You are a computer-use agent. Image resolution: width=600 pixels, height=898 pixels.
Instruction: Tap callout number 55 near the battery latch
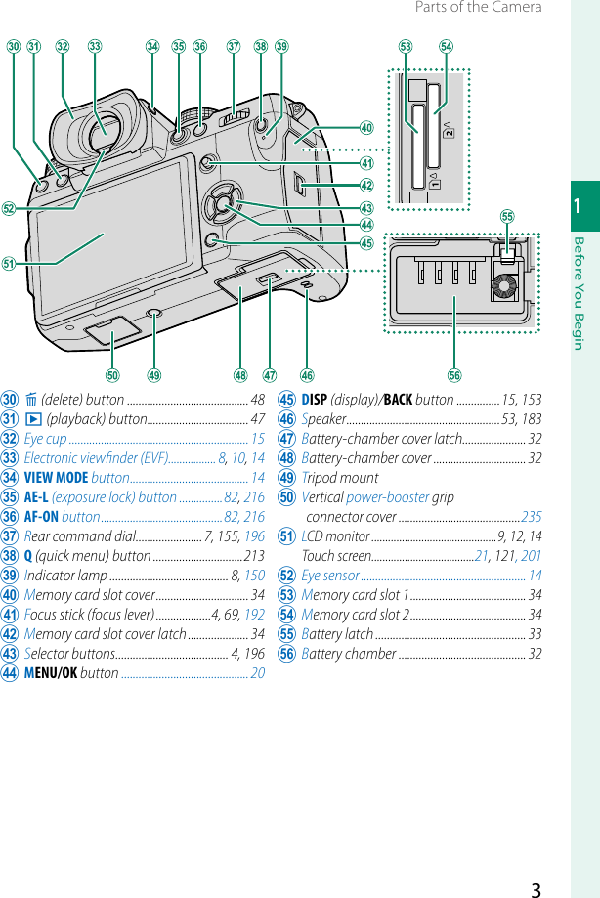pyautogui.click(x=507, y=216)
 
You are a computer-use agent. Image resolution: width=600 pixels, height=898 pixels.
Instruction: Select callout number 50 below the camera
pyautogui.click(x=113, y=375)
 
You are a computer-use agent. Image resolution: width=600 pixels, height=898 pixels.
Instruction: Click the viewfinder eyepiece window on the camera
pyautogui.click(x=102, y=130)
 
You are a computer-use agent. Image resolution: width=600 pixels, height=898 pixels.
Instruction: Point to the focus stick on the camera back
pyautogui.click(x=208, y=164)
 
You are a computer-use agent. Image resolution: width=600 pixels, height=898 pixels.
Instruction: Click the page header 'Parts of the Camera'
pyautogui.click(x=478, y=8)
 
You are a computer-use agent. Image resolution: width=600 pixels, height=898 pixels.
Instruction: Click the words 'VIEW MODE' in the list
pyautogui.click(x=56, y=478)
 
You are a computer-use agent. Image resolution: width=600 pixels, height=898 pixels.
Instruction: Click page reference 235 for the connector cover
pyautogui.click(x=531, y=517)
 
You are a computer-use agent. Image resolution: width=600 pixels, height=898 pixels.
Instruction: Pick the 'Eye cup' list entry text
pyautogui.click(x=45, y=439)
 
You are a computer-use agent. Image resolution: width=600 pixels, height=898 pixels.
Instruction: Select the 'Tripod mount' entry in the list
pyautogui.click(x=340, y=478)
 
